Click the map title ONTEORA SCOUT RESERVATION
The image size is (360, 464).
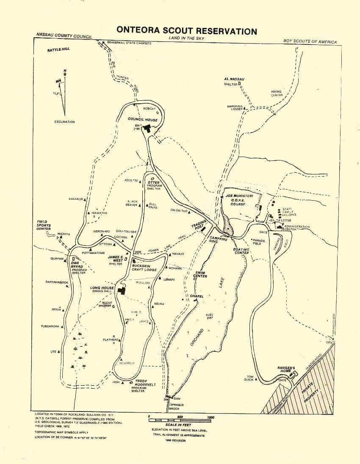click(186, 31)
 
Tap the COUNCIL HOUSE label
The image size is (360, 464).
click(143, 120)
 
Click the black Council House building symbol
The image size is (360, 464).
click(148, 128)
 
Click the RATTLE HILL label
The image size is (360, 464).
click(58, 50)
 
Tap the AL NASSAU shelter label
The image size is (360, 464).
click(234, 79)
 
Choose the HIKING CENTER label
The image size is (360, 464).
click(277, 93)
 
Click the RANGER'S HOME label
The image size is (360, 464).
click(286, 369)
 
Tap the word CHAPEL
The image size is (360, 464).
click(197, 296)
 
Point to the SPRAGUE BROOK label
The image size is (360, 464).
click(177, 407)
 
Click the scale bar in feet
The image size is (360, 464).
click(179, 420)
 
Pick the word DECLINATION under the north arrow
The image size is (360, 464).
click(64, 122)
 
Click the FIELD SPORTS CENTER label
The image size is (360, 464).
click(44, 225)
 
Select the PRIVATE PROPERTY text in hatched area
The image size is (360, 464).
click(313, 393)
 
